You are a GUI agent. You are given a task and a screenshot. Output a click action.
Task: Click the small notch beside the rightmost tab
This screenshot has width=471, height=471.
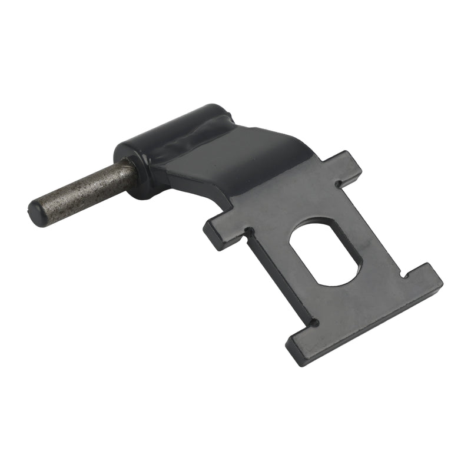point(403,274)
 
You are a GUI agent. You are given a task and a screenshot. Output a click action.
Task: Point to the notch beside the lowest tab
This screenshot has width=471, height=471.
point(316,323)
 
